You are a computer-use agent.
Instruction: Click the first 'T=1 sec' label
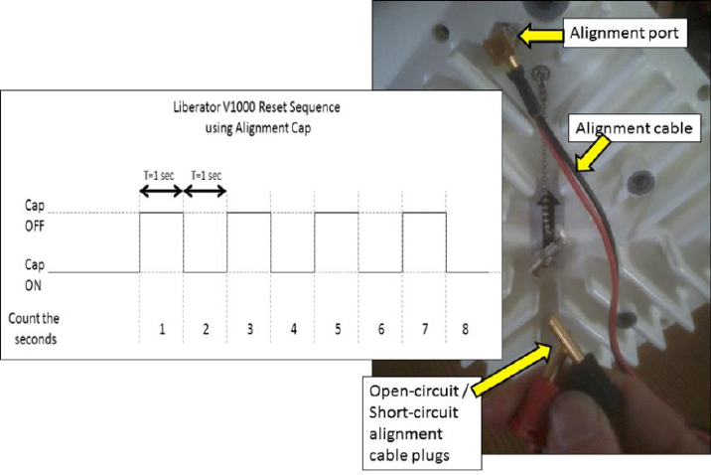161,176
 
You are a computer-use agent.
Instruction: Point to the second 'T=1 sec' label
206,176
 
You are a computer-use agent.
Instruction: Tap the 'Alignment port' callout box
624,34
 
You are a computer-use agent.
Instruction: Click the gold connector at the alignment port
494,43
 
